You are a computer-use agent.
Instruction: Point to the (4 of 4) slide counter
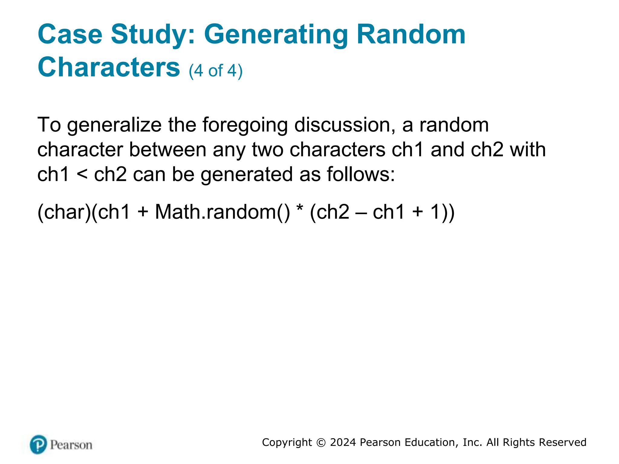point(216,71)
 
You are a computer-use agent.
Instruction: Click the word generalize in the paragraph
point(114,125)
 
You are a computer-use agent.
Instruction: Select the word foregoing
point(245,125)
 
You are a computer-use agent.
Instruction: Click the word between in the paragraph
point(168,150)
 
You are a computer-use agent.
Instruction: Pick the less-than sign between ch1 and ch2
point(82,175)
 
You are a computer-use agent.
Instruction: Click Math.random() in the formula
point(222,212)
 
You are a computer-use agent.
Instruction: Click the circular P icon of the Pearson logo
point(38,444)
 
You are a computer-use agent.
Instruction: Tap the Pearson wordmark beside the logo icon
point(71,445)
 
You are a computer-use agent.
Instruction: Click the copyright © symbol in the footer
point(321,443)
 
